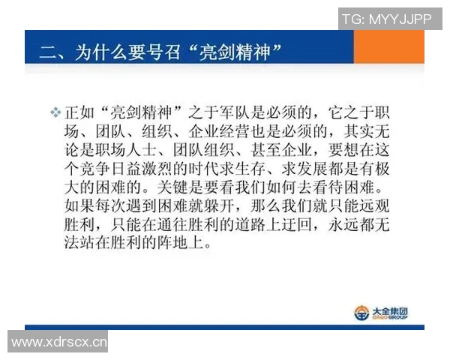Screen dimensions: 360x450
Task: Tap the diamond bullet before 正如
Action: (55, 111)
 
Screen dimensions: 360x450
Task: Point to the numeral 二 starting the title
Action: (47, 52)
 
